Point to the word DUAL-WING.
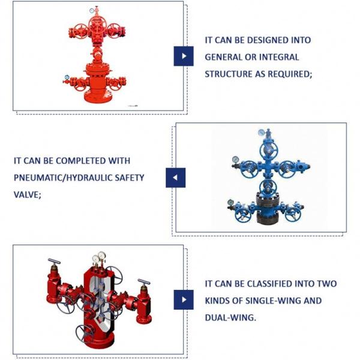(230, 317)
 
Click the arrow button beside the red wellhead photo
(184, 56)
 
